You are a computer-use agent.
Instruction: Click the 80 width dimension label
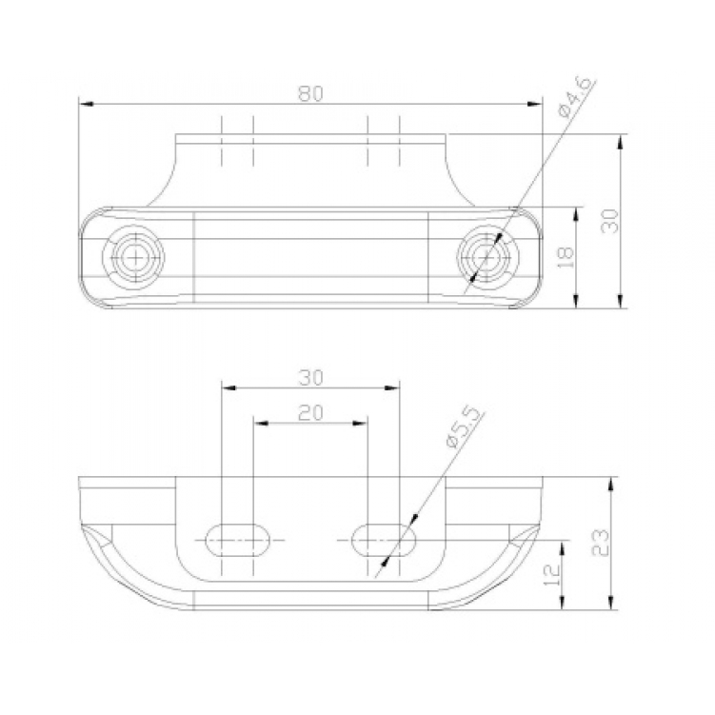(x=310, y=93)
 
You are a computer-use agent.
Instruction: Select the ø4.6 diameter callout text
(x=576, y=97)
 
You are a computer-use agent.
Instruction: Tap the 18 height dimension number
(x=566, y=258)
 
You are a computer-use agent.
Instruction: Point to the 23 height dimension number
(x=600, y=543)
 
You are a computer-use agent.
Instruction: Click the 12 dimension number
(x=552, y=575)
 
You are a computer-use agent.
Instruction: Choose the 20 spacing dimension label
(x=310, y=413)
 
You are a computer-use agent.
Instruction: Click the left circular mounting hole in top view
(x=133, y=258)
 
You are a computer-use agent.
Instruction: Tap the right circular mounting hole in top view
(x=487, y=258)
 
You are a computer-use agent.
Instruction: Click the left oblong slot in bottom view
(x=237, y=540)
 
